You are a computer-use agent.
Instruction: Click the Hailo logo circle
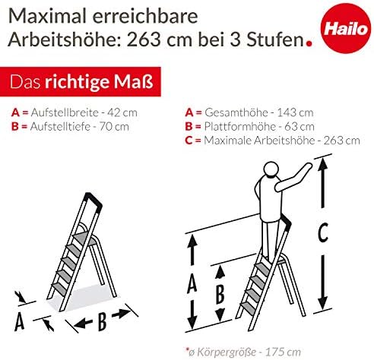(x=346, y=28)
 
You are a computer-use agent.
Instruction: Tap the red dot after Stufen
(x=309, y=43)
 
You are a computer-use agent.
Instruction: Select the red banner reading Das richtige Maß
(x=81, y=81)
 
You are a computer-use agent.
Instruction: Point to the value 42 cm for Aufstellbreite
(x=122, y=112)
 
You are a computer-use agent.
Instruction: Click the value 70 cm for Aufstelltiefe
(x=114, y=127)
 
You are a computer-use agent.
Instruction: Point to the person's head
(x=271, y=169)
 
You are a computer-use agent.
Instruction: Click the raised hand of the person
(x=308, y=167)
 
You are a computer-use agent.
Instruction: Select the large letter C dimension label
(x=323, y=232)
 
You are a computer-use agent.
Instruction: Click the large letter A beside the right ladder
(x=192, y=284)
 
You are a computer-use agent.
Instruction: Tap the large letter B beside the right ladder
(x=220, y=294)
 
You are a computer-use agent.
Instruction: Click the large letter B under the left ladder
(x=102, y=321)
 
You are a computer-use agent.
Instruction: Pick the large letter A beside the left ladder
(x=19, y=321)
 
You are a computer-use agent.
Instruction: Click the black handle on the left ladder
(x=93, y=201)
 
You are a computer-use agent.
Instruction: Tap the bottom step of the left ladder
(x=60, y=289)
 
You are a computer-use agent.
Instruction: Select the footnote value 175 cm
(x=283, y=352)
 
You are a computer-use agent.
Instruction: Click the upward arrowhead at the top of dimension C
(x=322, y=163)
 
